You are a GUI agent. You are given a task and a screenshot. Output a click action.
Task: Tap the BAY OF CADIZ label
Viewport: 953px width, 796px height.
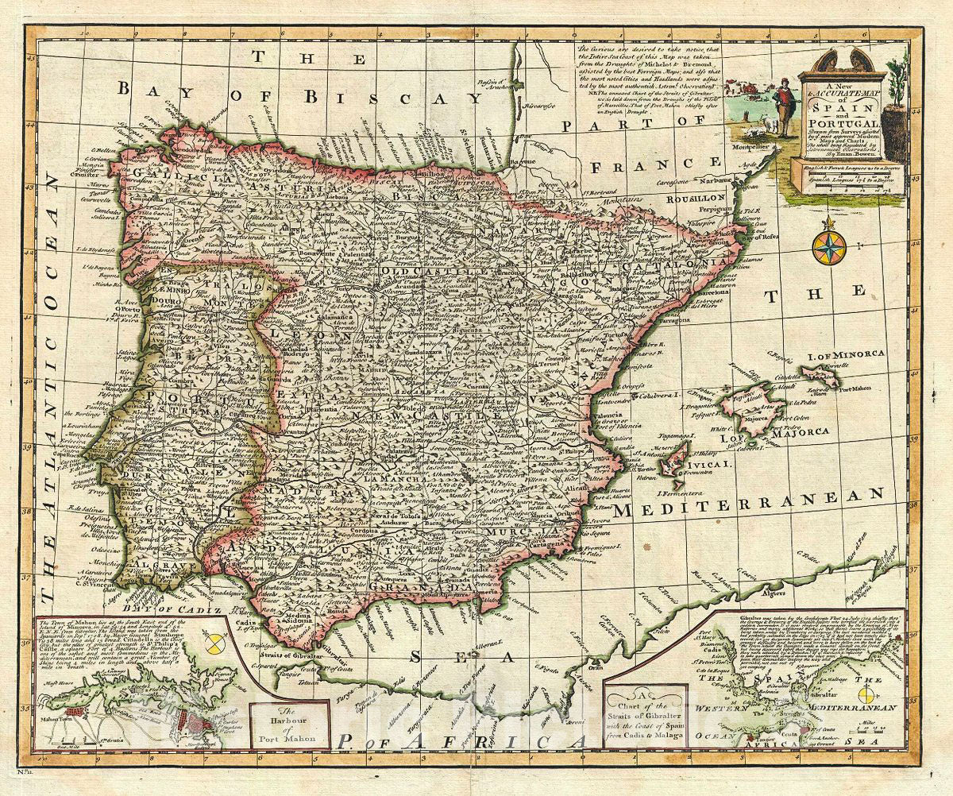click(x=191, y=607)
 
